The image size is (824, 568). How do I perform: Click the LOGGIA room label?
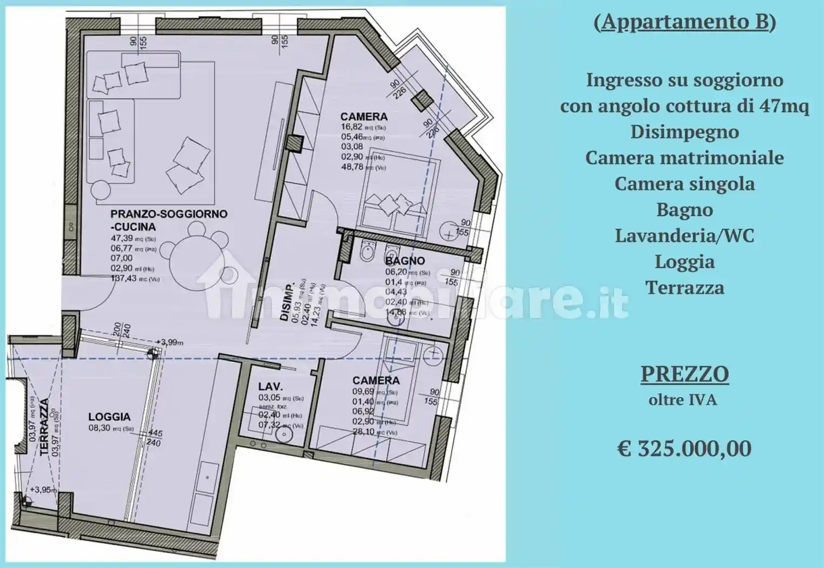pyautogui.click(x=109, y=417)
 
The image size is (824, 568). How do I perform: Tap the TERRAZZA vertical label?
pyautogui.click(x=45, y=428)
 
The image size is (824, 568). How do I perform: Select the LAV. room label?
pyautogui.click(x=270, y=386)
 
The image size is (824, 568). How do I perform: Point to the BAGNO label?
pyautogui.click(x=405, y=261)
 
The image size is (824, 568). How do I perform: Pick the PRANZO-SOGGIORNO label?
pyautogui.click(x=169, y=214)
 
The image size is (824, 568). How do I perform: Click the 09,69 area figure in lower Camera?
pyautogui.click(x=364, y=392)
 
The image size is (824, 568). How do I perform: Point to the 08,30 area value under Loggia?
pyautogui.click(x=100, y=428)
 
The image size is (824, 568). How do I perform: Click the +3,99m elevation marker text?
pyautogui.click(x=169, y=342)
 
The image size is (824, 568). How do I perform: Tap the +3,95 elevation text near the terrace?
pyautogui.click(x=43, y=490)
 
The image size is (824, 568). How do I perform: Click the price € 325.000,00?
pyautogui.click(x=684, y=448)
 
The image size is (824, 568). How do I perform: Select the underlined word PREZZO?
pyautogui.click(x=684, y=374)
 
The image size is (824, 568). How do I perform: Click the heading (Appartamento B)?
pyautogui.click(x=684, y=22)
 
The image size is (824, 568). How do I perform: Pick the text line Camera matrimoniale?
pyautogui.click(x=684, y=157)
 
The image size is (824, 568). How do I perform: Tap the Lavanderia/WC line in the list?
pyautogui.click(x=684, y=235)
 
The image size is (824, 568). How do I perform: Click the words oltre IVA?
pyautogui.click(x=683, y=400)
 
